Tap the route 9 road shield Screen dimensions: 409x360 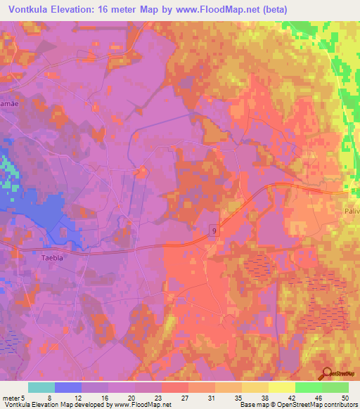click(x=213, y=229)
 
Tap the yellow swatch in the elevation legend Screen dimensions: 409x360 click(x=281, y=387)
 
